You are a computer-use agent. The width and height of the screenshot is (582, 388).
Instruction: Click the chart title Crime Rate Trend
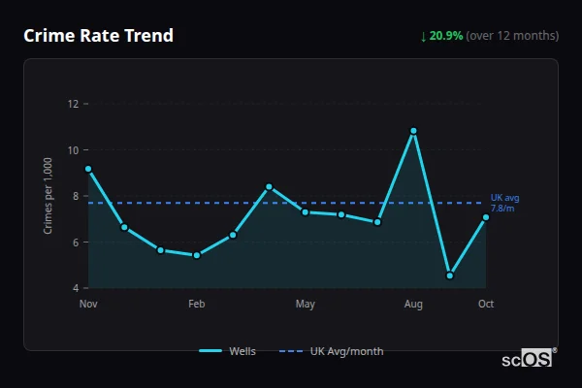[99, 36]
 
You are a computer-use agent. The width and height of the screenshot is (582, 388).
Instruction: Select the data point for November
[88, 169]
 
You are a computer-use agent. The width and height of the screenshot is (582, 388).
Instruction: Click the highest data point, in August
[413, 131]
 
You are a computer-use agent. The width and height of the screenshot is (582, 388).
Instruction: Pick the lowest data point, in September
[450, 275]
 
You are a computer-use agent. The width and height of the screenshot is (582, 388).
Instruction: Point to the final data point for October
[486, 217]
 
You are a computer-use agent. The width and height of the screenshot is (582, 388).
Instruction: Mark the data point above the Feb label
[197, 255]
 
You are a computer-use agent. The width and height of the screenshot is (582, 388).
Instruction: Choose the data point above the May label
[306, 211]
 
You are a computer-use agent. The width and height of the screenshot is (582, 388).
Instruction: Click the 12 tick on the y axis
[73, 104]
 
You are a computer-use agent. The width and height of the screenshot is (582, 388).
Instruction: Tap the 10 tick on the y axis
[73, 149]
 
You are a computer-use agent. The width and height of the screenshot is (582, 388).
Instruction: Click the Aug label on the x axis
[413, 305]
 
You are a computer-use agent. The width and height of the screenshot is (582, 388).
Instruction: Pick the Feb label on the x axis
[197, 305]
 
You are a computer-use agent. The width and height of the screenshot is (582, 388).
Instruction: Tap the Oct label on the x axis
[486, 305]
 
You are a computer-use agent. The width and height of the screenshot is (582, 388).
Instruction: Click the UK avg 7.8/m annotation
[504, 203]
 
